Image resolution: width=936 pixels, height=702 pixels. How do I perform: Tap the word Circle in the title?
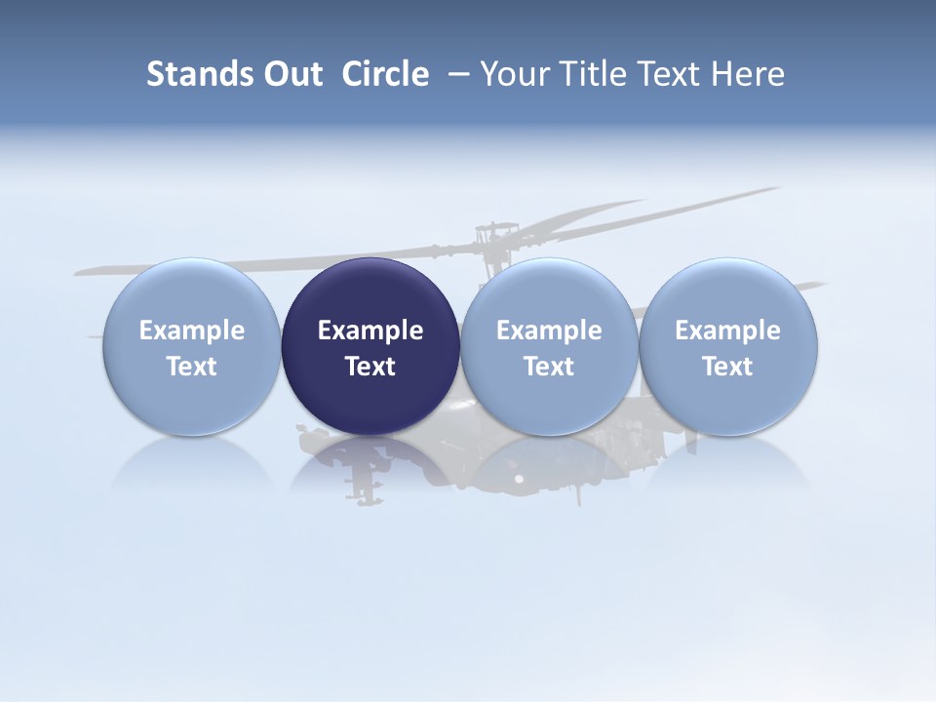point(385,74)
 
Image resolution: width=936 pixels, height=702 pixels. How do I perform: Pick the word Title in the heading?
point(587,74)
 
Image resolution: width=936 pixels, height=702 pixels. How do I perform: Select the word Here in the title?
point(747,74)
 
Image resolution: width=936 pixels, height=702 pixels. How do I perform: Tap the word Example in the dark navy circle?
point(370,331)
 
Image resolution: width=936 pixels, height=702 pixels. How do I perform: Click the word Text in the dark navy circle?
point(370,367)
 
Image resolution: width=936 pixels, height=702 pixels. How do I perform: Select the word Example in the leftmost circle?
point(192,331)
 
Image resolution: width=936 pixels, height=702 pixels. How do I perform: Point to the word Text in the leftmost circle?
point(192,367)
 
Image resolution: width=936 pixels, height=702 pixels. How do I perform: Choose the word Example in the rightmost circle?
point(727,331)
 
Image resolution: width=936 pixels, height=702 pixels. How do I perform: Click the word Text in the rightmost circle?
point(727,367)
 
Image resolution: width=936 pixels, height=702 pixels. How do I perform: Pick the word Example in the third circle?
point(549,331)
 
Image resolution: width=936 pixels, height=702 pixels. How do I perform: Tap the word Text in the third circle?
point(549,367)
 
